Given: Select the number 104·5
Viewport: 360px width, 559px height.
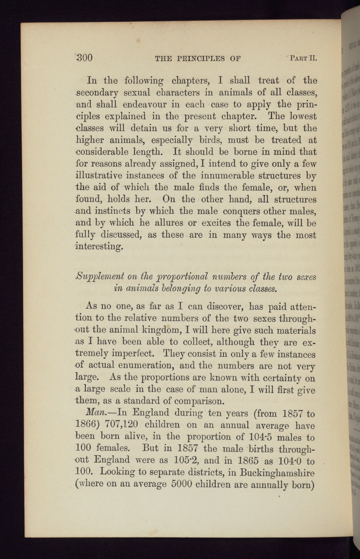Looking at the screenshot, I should point(261,437).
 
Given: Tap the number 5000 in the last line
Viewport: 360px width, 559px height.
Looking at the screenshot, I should point(182,484).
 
